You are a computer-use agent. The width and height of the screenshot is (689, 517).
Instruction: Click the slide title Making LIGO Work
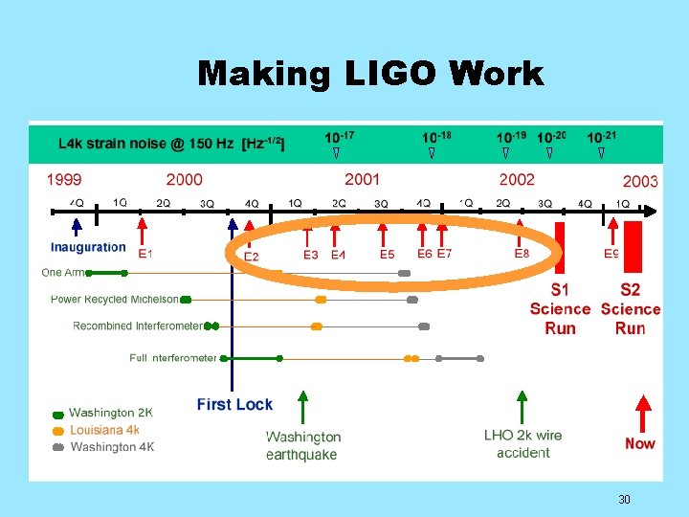click(369, 74)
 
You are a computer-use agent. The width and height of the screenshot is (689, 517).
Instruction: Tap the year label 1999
click(64, 179)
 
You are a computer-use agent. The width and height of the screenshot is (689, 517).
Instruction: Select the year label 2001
click(362, 179)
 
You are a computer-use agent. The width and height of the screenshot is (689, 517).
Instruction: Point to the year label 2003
click(639, 181)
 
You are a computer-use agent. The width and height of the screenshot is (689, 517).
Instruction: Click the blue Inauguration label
click(88, 247)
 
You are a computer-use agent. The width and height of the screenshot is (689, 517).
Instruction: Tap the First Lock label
click(234, 405)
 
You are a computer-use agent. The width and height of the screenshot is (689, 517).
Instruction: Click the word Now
click(640, 443)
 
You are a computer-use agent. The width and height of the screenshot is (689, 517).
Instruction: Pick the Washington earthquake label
click(302, 445)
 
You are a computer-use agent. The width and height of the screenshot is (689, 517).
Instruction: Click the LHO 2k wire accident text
click(522, 444)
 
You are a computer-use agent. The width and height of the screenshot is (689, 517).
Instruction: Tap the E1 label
click(145, 254)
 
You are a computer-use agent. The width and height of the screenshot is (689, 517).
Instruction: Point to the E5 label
click(387, 255)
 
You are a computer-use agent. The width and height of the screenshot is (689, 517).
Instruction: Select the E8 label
click(522, 254)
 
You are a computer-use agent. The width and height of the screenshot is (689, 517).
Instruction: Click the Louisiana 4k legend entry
click(104, 430)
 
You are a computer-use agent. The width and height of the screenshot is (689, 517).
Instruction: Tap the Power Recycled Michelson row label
click(115, 300)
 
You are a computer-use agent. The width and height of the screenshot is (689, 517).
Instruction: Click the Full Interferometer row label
click(173, 358)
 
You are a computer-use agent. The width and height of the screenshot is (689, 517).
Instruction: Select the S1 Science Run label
click(560, 308)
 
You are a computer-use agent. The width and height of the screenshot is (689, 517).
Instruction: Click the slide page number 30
click(624, 500)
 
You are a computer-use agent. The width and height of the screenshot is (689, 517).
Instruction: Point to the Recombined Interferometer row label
click(138, 326)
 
